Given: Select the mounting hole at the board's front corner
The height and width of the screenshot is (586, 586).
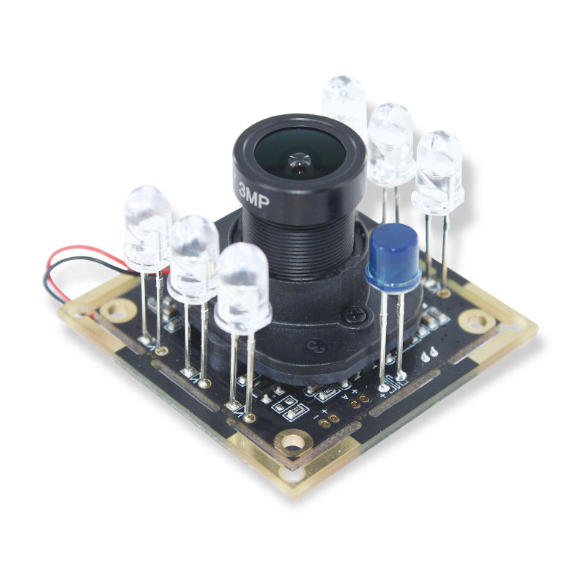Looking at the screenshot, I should point(294,442).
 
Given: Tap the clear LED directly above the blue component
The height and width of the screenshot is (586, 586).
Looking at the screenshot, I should point(390,143).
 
